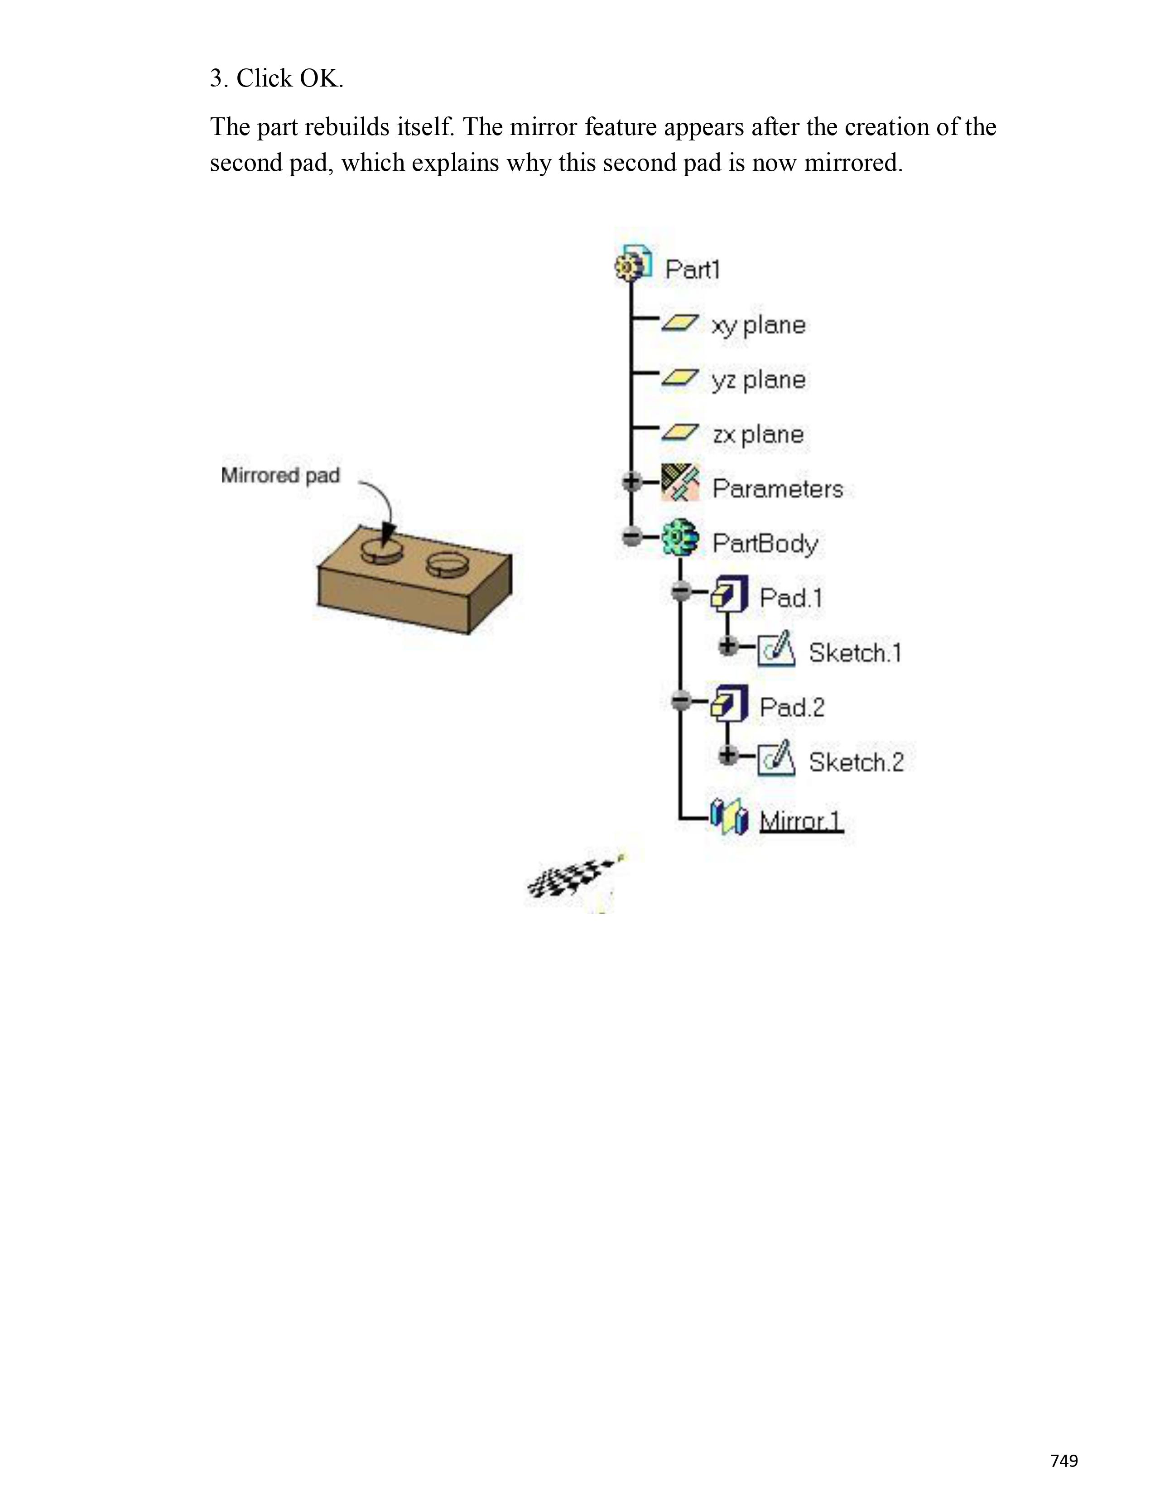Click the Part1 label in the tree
(x=693, y=269)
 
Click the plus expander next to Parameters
(x=631, y=482)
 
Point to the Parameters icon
(x=680, y=482)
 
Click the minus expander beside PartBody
(x=631, y=537)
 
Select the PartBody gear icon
(x=680, y=538)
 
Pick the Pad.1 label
(x=790, y=598)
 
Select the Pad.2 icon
(x=729, y=703)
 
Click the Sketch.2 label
(x=856, y=762)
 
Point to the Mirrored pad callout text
(x=280, y=475)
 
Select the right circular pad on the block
(x=446, y=564)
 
